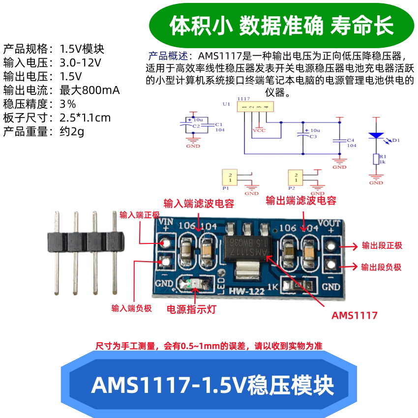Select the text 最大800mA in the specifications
[x=90, y=90]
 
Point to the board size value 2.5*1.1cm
[x=85, y=118]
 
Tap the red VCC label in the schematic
[x=259, y=131]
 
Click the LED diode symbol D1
[x=377, y=135]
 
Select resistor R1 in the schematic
[x=376, y=159]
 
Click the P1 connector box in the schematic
[x=230, y=177]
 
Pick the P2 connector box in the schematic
[x=296, y=177]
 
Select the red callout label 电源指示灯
[x=191, y=309]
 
